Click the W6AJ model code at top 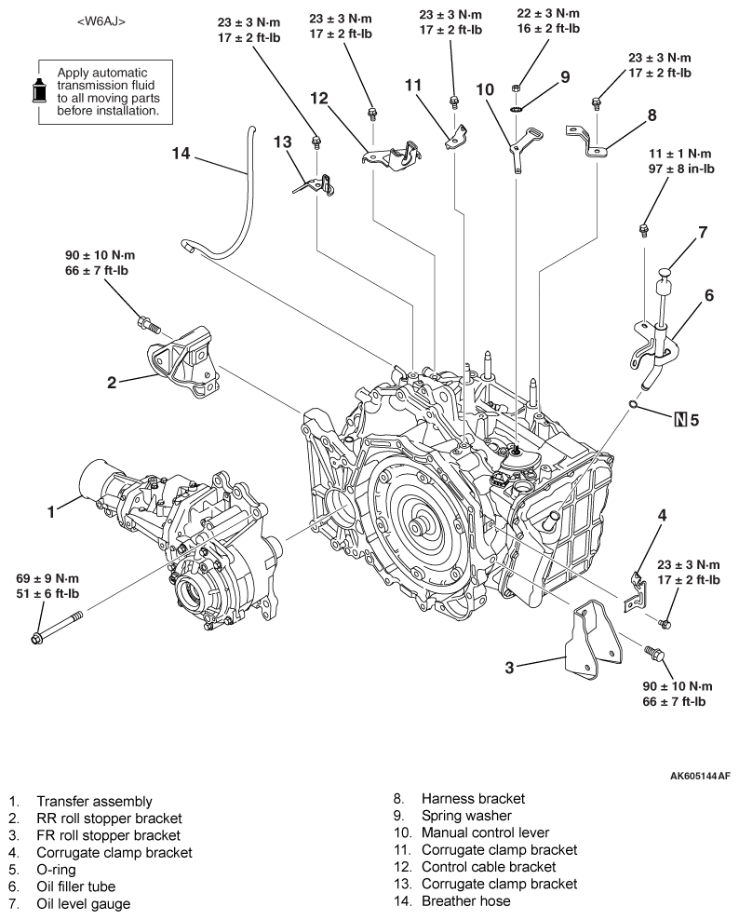[x=101, y=21]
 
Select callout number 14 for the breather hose [x=181, y=153]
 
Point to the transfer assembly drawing [x=181, y=538]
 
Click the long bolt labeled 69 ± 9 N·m [x=57, y=627]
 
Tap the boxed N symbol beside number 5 [x=680, y=420]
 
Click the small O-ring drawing [x=633, y=404]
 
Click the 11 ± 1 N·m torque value [x=679, y=154]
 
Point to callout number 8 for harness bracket [x=652, y=115]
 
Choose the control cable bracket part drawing [x=391, y=155]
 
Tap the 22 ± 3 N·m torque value [x=548, y=13]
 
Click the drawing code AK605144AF [x=700, y=777]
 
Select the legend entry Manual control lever [x=486, y=832]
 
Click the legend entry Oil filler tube [x=76, y=886]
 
